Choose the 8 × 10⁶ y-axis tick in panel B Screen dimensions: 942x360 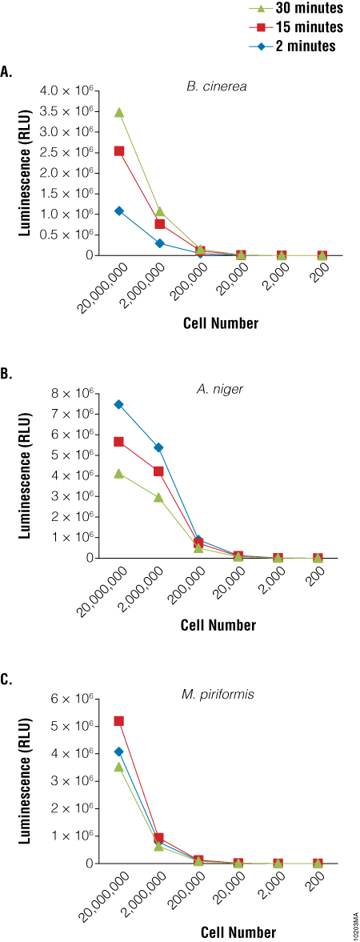pos(78,394)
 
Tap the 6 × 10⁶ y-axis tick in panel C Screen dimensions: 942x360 pos(78,699)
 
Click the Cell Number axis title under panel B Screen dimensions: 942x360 pos(218,625)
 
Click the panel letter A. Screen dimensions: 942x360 pos(6,72)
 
